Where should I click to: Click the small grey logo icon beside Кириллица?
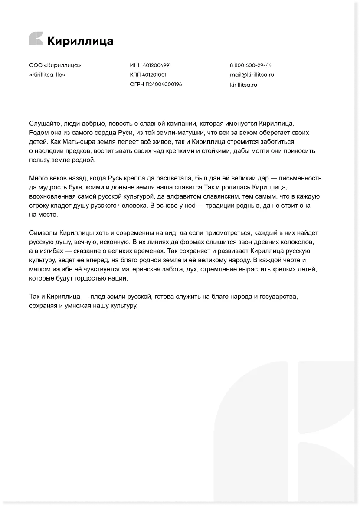tap(36, 39)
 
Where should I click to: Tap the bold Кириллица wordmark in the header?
tap(80, 41)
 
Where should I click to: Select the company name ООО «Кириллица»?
tap(55, 65)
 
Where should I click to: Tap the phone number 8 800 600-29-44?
tap(251, 65)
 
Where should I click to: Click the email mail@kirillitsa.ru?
tap(252, 75)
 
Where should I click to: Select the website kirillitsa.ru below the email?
tap(243, 85)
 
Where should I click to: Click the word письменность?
tap(302, 178)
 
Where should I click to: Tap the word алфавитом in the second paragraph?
tap(177, 196)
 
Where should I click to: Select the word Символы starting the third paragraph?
tap(43, 233)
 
